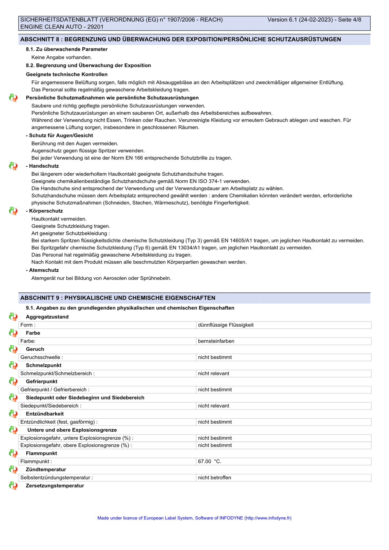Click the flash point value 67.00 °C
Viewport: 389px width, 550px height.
(x=209, y=461)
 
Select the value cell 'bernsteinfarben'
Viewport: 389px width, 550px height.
(x=216, y=341)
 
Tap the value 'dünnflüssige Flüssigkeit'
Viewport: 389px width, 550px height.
(x=226, y=325)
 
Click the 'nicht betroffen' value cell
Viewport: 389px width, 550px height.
(x=215, y=478)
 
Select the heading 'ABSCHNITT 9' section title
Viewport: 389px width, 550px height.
(x=118, y=298)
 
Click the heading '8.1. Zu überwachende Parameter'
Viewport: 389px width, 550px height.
(x=67, y=49)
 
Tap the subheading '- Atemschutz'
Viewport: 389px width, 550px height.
(x=42, y=270)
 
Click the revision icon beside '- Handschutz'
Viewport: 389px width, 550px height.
(x=13, y=166)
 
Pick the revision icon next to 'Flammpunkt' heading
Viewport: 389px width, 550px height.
(x=13, y=453)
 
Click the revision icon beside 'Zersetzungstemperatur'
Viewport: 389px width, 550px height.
(x=13, y=486)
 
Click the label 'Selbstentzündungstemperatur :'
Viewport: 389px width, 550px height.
(x=57, y=478)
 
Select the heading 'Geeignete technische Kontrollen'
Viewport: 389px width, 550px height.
(x=67, y=74)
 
